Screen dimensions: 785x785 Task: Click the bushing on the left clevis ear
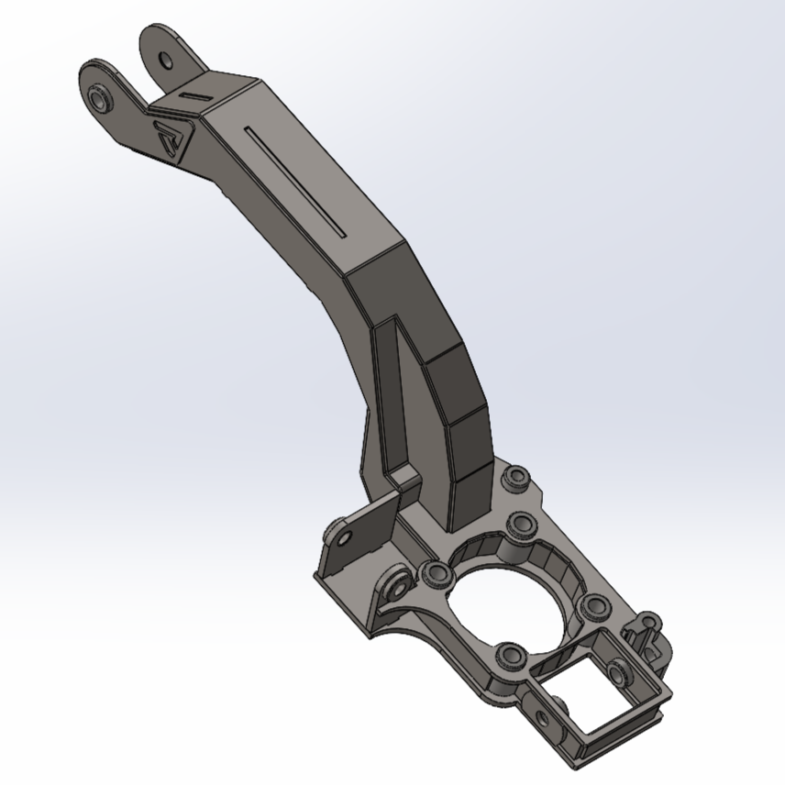coord(100,97)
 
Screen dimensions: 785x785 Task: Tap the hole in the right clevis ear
coord(165,61)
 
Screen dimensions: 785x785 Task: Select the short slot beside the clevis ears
coord(194,95)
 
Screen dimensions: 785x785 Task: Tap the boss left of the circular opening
coord(435,575)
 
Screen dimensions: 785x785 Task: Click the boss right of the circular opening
coord(594,604)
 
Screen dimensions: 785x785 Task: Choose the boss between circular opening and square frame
coord(511,655)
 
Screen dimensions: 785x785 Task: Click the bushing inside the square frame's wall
coord(621,671)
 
